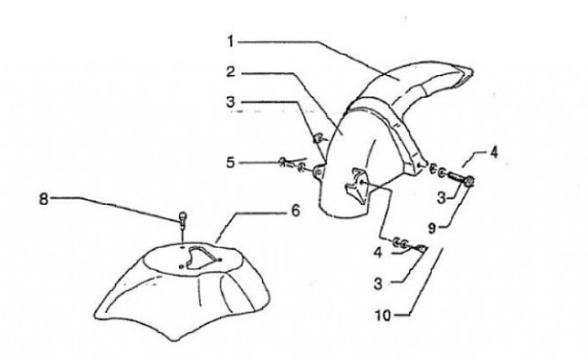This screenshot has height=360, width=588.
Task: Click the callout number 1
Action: click(x=231, y=39)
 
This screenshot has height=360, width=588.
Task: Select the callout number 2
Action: click(x=231, y=73)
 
